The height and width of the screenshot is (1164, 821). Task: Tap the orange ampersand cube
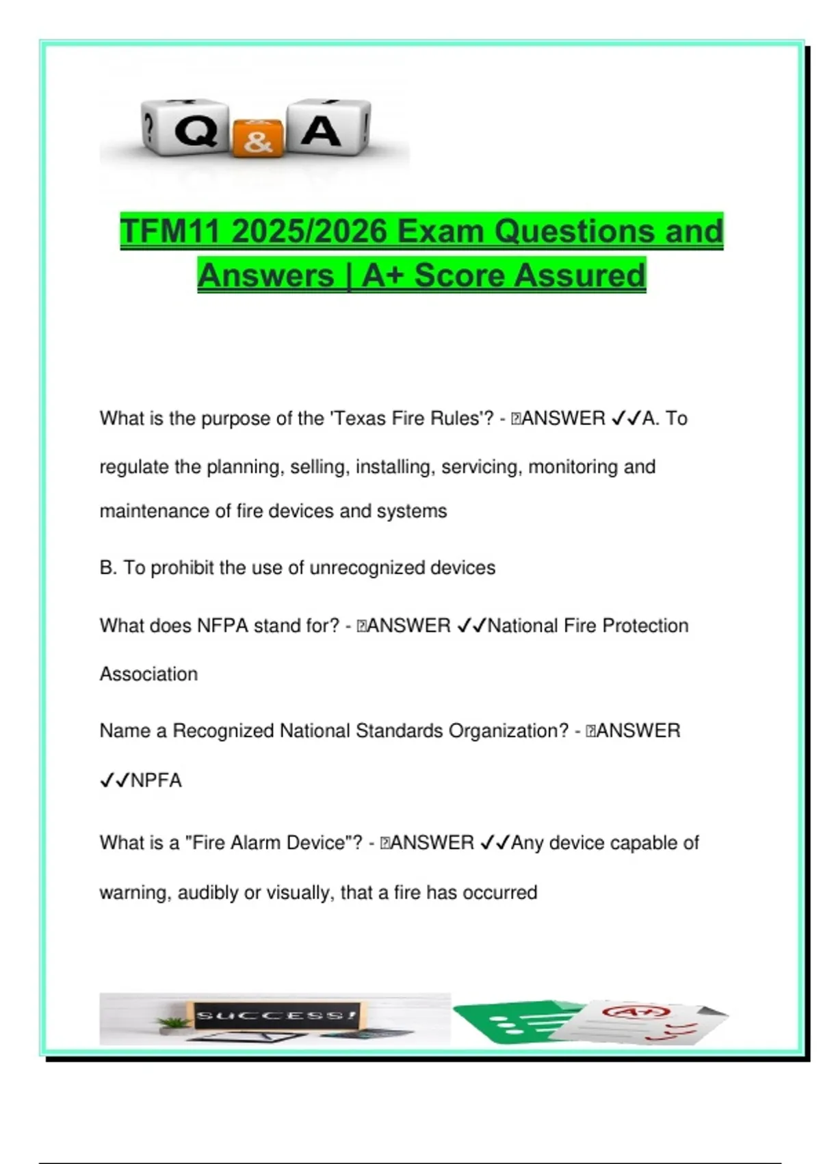tap(257, 139)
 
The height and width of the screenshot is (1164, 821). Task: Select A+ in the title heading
tap(383, 275)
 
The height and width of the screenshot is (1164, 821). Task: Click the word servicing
tap(480, 467)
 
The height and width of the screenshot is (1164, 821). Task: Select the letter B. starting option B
tap(108, 568)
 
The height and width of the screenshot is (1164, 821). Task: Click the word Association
tap(148, 674)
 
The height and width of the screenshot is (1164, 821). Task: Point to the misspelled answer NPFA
tap(156, 781)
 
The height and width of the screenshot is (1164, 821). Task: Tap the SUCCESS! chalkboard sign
tap(276, 1015)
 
